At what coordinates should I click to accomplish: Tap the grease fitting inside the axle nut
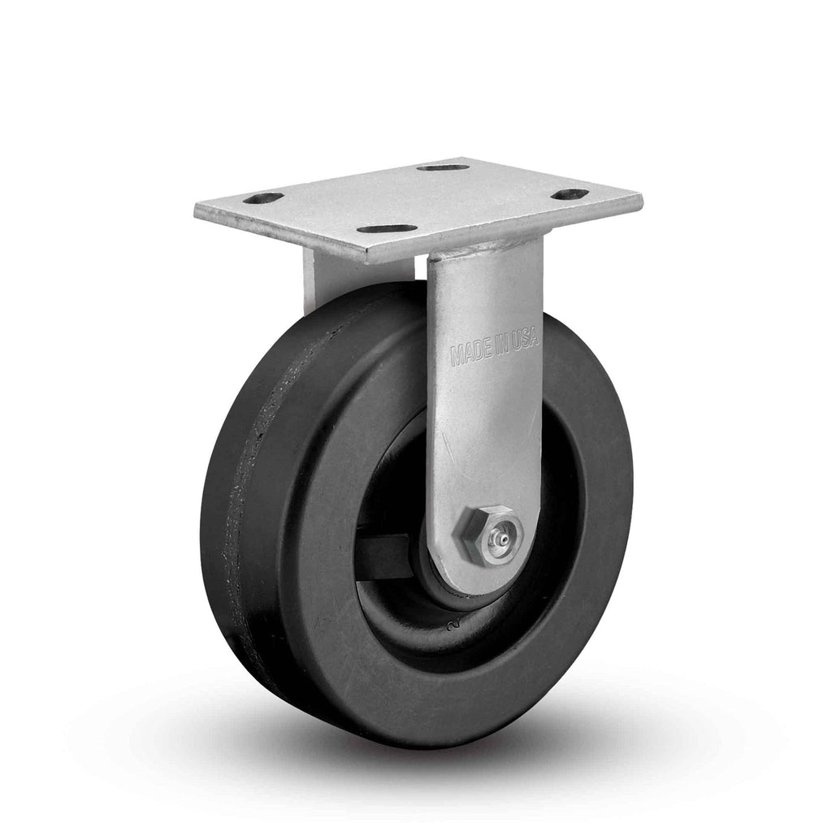tap(500, 539)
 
